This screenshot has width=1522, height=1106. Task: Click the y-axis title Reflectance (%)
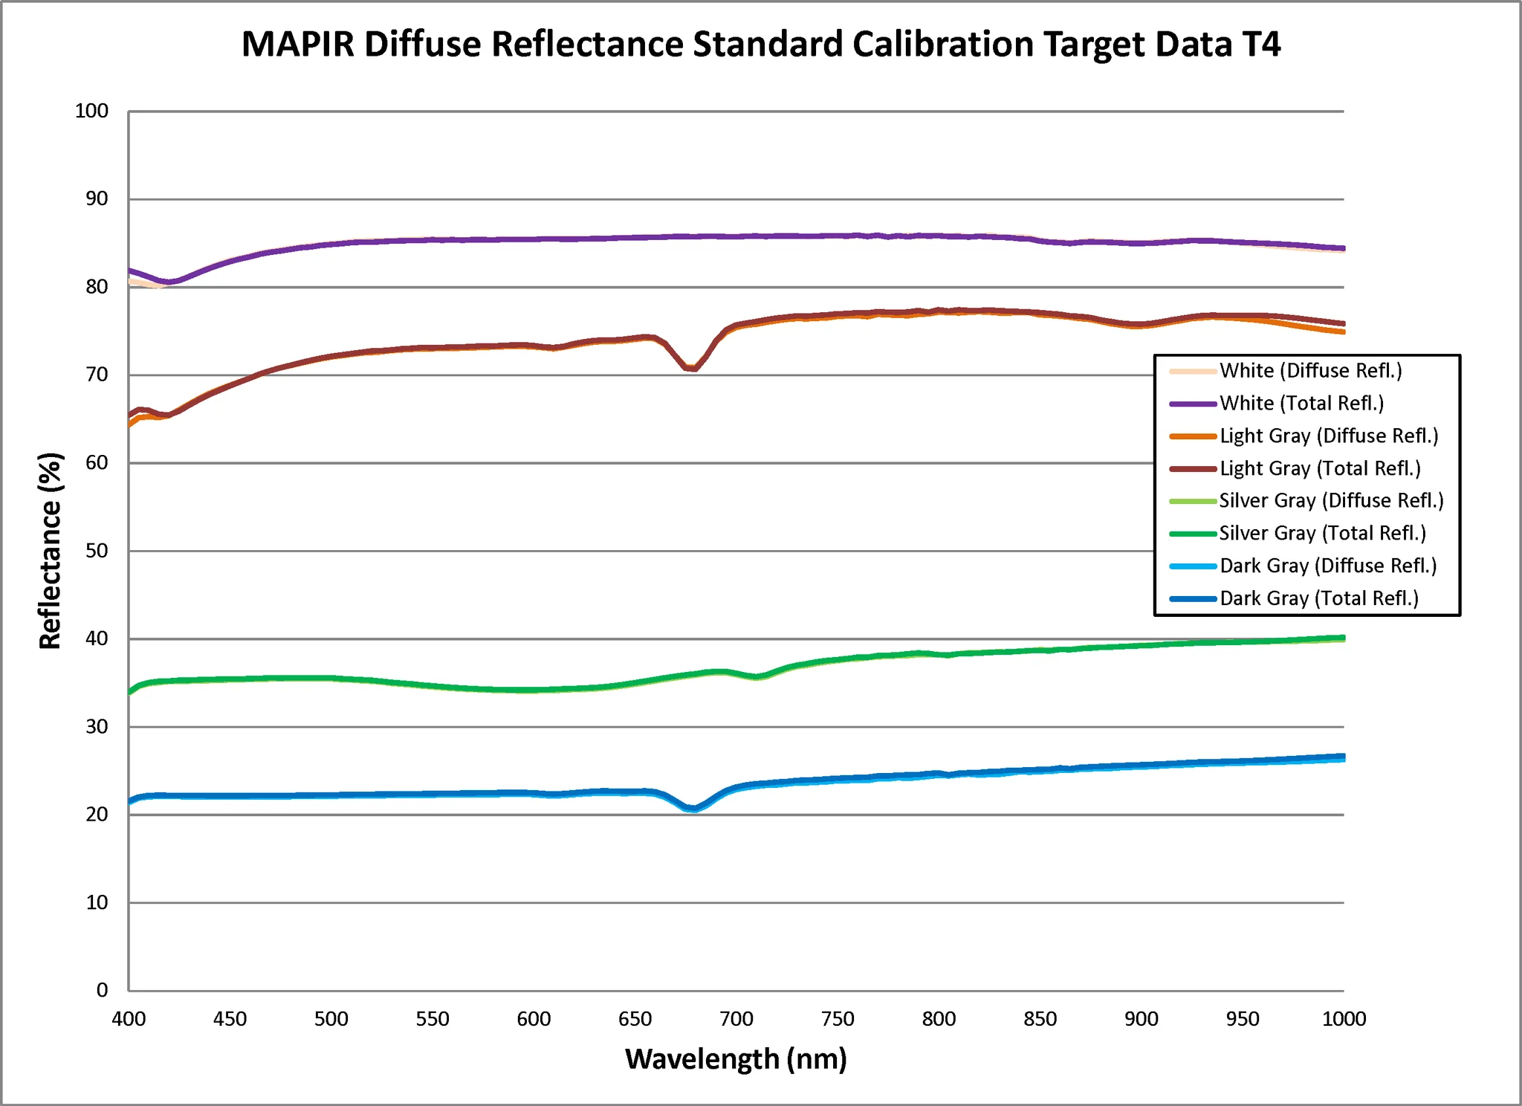coord(50,551)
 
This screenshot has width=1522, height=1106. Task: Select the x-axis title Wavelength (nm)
coord(736,1058)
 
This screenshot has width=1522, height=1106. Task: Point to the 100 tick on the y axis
coord(91,111)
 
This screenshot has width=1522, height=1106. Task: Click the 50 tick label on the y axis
coord(97,551)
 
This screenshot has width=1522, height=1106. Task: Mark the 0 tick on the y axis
coord(103,990)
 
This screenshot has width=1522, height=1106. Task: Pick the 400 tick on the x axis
coord(129,1019)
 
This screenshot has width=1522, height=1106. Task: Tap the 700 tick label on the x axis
coord(736,1019)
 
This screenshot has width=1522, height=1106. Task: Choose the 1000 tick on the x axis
coord(1344,1019)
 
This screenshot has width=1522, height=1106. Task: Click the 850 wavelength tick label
coord(1040,1019)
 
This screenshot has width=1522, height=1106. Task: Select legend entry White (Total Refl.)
coord(1301,404)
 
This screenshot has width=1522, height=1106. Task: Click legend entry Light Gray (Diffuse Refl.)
coord(1329,436)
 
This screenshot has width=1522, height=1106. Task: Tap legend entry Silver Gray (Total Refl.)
coord(1323,534)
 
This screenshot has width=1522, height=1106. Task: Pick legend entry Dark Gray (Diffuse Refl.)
coord(1328,566)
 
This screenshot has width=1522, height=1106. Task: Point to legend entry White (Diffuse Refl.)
coord(1311,371)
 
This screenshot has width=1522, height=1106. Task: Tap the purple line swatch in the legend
coord(1193,404)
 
